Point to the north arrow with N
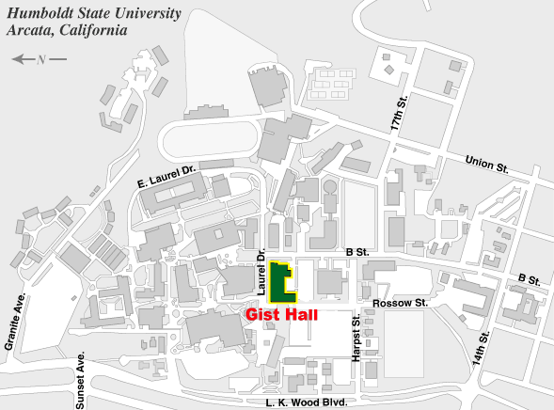point(39,59)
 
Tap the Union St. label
point(486,165)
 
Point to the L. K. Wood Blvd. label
point(307,402)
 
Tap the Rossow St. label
point(400,303)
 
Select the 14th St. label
point(484,348)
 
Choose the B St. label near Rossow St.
point(529,279)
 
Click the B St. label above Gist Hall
point(357,251)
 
